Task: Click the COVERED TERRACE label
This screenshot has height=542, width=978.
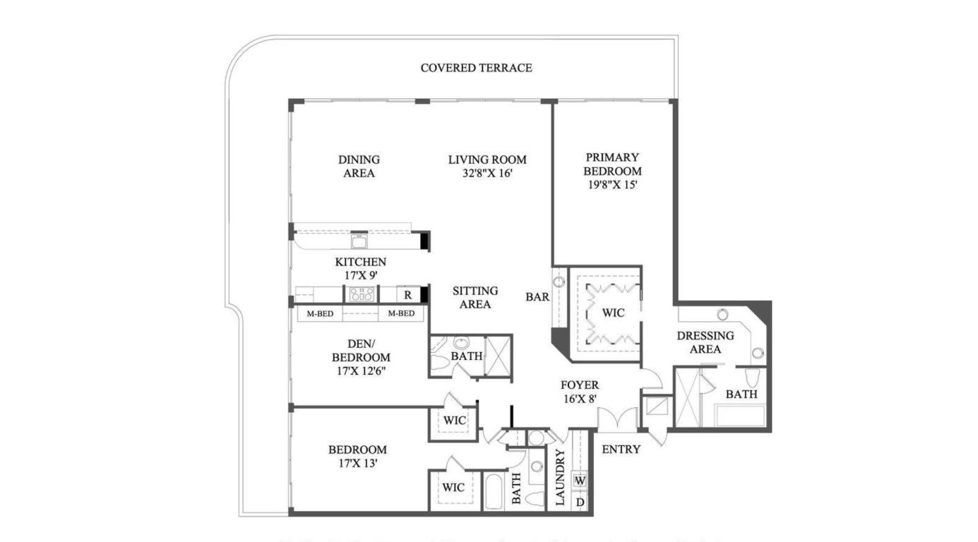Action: coord(476,68)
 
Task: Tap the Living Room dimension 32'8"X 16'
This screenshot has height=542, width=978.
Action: coord(487,173)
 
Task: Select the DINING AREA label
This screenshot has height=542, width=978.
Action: coord(359,167)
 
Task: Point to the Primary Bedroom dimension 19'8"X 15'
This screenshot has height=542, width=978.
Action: coord(612,185)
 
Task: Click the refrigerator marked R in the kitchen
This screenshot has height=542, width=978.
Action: coord(407,295)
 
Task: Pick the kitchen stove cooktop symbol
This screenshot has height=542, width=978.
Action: coord(361,294)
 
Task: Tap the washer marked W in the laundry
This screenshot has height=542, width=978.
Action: coord(580,481)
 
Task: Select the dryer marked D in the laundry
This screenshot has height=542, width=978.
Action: coord(580,502)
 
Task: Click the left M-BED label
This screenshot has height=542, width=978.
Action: coord(320,313)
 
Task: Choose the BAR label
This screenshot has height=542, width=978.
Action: coord(537,297)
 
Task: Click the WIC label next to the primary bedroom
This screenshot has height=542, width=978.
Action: coord(613,313)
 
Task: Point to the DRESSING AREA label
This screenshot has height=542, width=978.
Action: coord(705,342)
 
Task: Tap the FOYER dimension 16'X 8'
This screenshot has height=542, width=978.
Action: coord(579,398)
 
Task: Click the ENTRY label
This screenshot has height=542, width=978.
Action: coord(621,449)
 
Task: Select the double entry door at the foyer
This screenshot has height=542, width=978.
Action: coord(617,418)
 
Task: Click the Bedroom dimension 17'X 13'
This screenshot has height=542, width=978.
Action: coord(357,463)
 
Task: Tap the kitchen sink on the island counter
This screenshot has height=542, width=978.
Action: coord(359,241)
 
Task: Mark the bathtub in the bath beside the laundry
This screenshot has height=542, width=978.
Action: coord(494,491)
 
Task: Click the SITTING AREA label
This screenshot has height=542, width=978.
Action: coord(475,297)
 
